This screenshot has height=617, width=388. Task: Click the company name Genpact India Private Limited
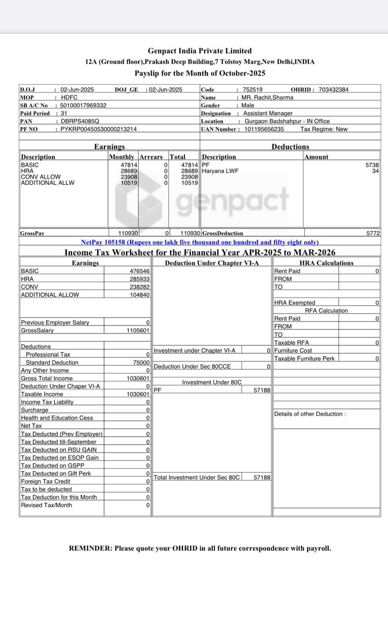199,51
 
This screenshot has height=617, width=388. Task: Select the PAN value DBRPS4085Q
80,121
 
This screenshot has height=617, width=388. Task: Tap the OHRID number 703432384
334,90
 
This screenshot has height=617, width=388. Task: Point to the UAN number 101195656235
264,129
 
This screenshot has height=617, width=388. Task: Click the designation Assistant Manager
268,113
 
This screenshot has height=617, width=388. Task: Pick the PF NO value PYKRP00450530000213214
98,129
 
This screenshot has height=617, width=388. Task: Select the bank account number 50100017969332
83,105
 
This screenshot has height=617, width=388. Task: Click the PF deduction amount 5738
372,165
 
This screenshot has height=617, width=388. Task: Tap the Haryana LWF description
220,171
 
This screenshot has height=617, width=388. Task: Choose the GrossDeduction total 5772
373,233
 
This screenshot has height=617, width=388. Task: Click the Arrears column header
151,157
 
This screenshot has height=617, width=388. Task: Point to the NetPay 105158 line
200,242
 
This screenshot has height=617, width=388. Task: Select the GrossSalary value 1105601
138,331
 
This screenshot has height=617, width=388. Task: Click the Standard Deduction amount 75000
141,362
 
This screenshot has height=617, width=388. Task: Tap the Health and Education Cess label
57,418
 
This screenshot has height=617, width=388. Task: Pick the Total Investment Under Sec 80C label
196,477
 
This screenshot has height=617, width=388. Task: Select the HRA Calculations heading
326,263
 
